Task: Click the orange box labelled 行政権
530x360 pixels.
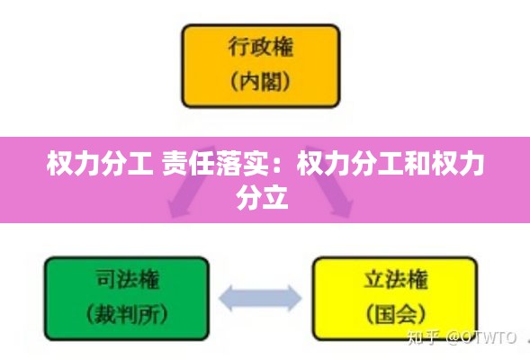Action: [261, 66]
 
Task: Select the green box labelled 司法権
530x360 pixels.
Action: [127, 299]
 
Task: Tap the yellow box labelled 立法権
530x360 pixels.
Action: [395, 299]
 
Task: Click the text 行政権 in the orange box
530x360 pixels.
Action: [261, 47]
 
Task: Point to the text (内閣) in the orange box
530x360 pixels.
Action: [261, 81]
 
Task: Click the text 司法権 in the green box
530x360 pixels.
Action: [127, 279]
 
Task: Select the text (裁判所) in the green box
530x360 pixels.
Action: [127, 314]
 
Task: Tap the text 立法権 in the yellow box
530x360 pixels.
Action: [395, 279]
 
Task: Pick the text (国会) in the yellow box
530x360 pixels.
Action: [395, 314]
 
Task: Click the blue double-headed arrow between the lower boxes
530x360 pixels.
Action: [260, 298]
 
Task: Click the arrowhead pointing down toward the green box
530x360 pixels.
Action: [178, 209]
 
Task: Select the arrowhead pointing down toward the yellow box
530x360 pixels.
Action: [342, 209]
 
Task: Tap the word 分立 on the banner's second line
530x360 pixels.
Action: [262, 197]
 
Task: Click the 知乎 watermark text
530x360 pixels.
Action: [423, 337]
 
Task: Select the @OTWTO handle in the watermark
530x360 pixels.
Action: [481, 337]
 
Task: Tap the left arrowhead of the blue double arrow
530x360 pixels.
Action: [227, 298]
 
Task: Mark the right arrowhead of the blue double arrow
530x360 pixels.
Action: [294, 298]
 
